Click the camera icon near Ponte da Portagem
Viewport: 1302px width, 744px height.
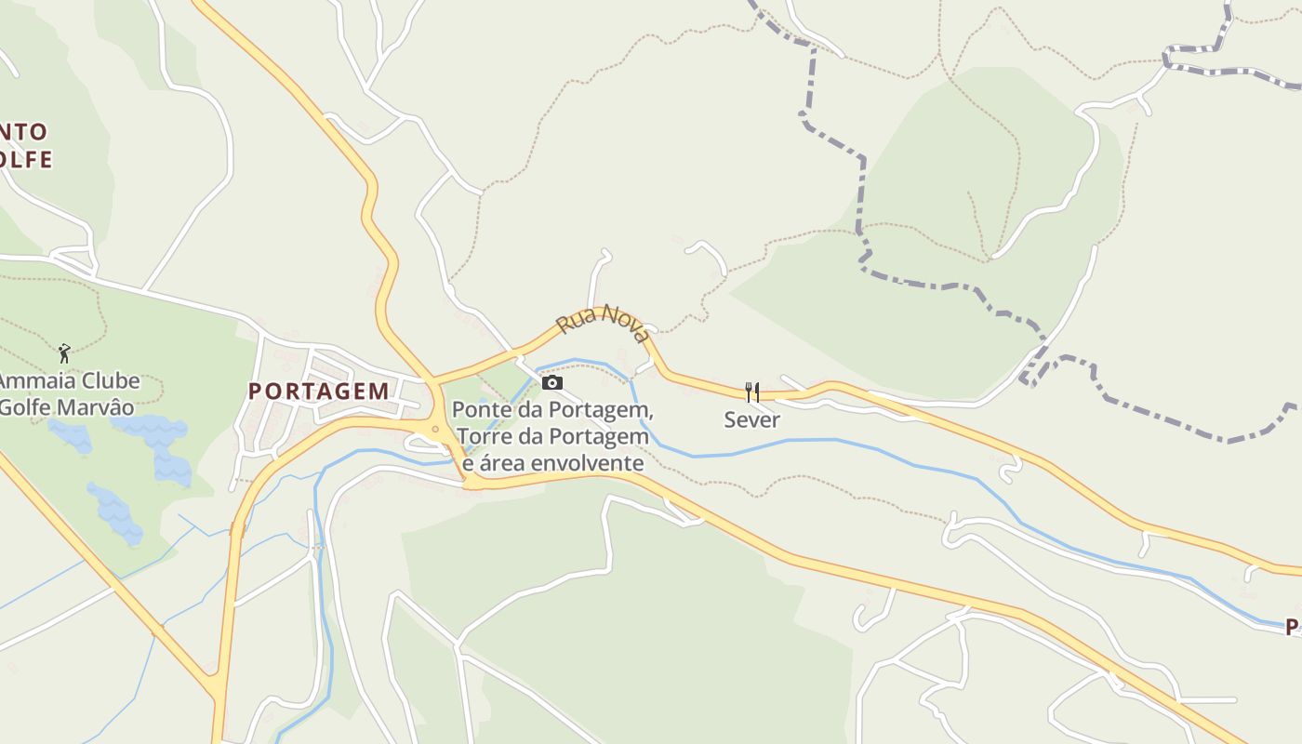[x=552, y=382]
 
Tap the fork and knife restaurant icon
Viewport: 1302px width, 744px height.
[x=752, y=392]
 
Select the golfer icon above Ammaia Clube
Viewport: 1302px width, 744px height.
[x=64, y=353]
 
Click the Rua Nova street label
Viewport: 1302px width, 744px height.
[x=603, y=324]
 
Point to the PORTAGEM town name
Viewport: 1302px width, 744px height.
[x=319, y=391]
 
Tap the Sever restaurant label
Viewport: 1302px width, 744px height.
[x=752, y=419]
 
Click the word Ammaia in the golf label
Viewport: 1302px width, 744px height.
[x=31, y=381]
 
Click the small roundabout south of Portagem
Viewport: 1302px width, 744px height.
[x=435, y=429]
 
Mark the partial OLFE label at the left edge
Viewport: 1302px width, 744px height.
[x=25, y=159]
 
